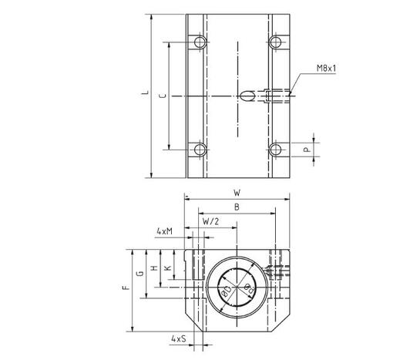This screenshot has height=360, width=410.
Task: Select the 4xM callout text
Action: coord(163,231)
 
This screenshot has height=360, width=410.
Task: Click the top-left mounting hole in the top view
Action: coord(200,41)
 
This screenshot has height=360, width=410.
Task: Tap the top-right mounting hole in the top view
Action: coord(275,41)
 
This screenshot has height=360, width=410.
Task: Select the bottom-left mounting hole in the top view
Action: coord(200,149)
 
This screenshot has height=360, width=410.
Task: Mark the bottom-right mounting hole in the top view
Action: coord(275,149)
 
